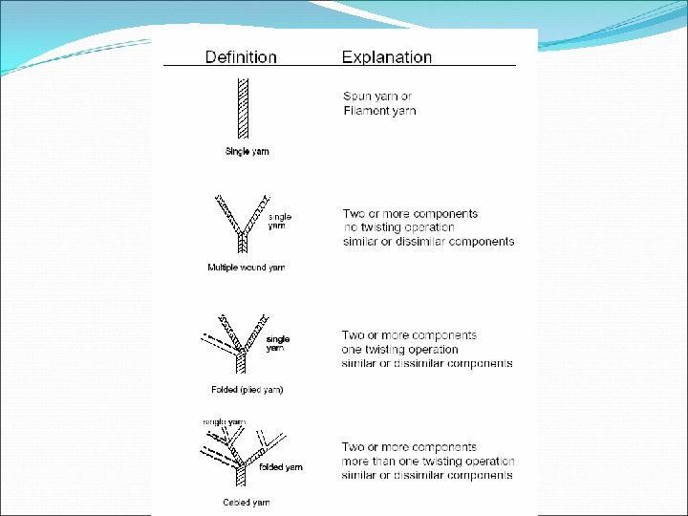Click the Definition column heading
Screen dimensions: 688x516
(x=241, y=57)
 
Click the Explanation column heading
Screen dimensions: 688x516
(x=387, y=57)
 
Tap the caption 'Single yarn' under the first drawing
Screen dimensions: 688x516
(x=247, y=151)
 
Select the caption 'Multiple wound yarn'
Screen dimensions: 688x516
(x=246, y=268)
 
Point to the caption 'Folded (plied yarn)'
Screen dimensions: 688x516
(x=247, y=390)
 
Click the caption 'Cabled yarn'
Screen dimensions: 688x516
(x=246, y=502)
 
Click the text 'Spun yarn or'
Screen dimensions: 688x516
(x=378, y=97)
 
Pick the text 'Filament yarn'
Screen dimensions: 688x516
(x=380, y=111)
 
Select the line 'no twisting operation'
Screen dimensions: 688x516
(x=398, y=227)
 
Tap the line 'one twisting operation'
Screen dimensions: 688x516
(x=399, y=350)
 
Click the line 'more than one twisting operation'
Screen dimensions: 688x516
(x=428, y=462)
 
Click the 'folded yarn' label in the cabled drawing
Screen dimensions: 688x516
(x=281, y=467)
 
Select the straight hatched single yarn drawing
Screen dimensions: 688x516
(x=244, y=110)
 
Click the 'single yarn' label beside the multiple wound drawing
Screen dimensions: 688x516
(x=279, y=221)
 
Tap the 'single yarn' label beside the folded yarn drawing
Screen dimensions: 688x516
(x=277, y=343)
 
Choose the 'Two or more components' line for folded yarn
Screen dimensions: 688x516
(x=409, y=335)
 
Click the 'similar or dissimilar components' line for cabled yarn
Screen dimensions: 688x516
(x=427, y=476)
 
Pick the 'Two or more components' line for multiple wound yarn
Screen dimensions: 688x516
(x=410, y=214)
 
